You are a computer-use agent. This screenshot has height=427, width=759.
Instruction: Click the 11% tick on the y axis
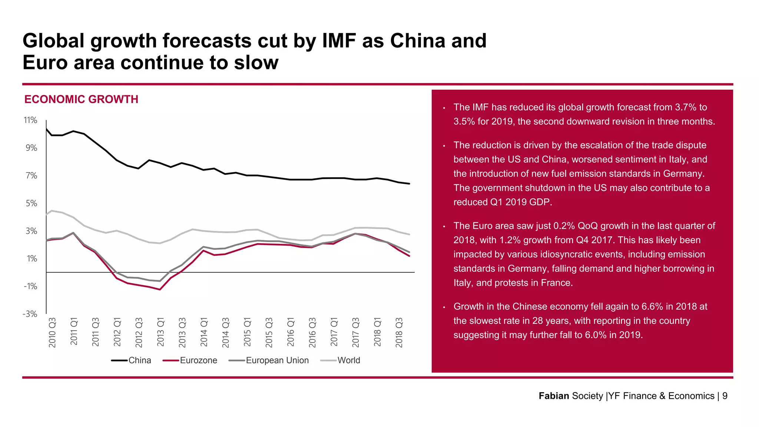pyautogui.click(x=30, y=120)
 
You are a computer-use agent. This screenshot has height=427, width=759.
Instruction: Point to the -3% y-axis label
pyautogui.click(x=30, y=314)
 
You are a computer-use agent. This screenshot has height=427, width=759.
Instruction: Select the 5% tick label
pyautogui.click(x=32, y=203)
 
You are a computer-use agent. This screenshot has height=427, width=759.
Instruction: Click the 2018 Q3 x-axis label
pyautogui.click(x=399, y=332)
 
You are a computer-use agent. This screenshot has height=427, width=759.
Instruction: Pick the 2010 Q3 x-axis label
pyautogui.click(x=52, y=332)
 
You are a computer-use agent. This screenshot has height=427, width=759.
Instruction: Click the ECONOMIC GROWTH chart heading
pyautogui.click(x=81, y=99)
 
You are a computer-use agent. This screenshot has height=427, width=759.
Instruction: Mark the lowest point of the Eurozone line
pyautogui.click(x=160, y=289)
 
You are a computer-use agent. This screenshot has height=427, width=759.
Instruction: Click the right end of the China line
pyautogui.click(x=409, y=183)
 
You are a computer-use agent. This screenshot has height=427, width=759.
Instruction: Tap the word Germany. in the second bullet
pyautogui.click(x=684, y=173)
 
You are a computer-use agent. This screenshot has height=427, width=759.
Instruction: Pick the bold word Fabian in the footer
pyautogui.click(x=554, y=396)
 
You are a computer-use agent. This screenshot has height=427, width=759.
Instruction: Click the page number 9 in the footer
pyautogui.click(x=725, y=396)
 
